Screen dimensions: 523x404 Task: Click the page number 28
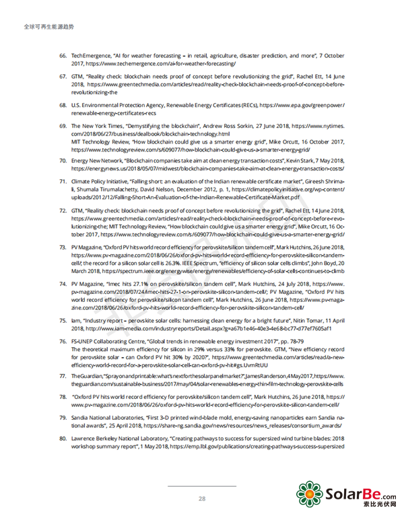pos(202,498)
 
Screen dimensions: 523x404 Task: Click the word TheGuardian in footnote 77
pos(87,374)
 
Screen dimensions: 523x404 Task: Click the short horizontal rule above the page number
pos(202,485)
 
